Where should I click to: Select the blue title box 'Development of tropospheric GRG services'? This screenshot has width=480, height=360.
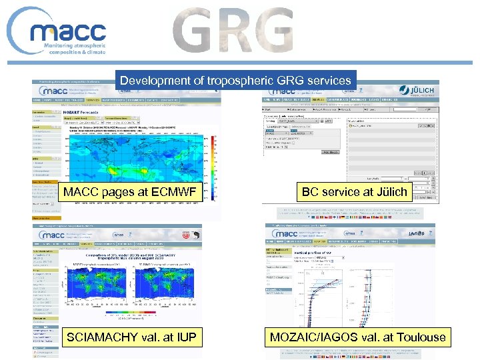[235, 80]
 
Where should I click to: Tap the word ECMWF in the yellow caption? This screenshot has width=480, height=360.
[171, 193]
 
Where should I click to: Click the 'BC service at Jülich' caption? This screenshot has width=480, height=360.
[354, 191]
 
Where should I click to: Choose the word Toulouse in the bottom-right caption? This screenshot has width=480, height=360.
[419, 337]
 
